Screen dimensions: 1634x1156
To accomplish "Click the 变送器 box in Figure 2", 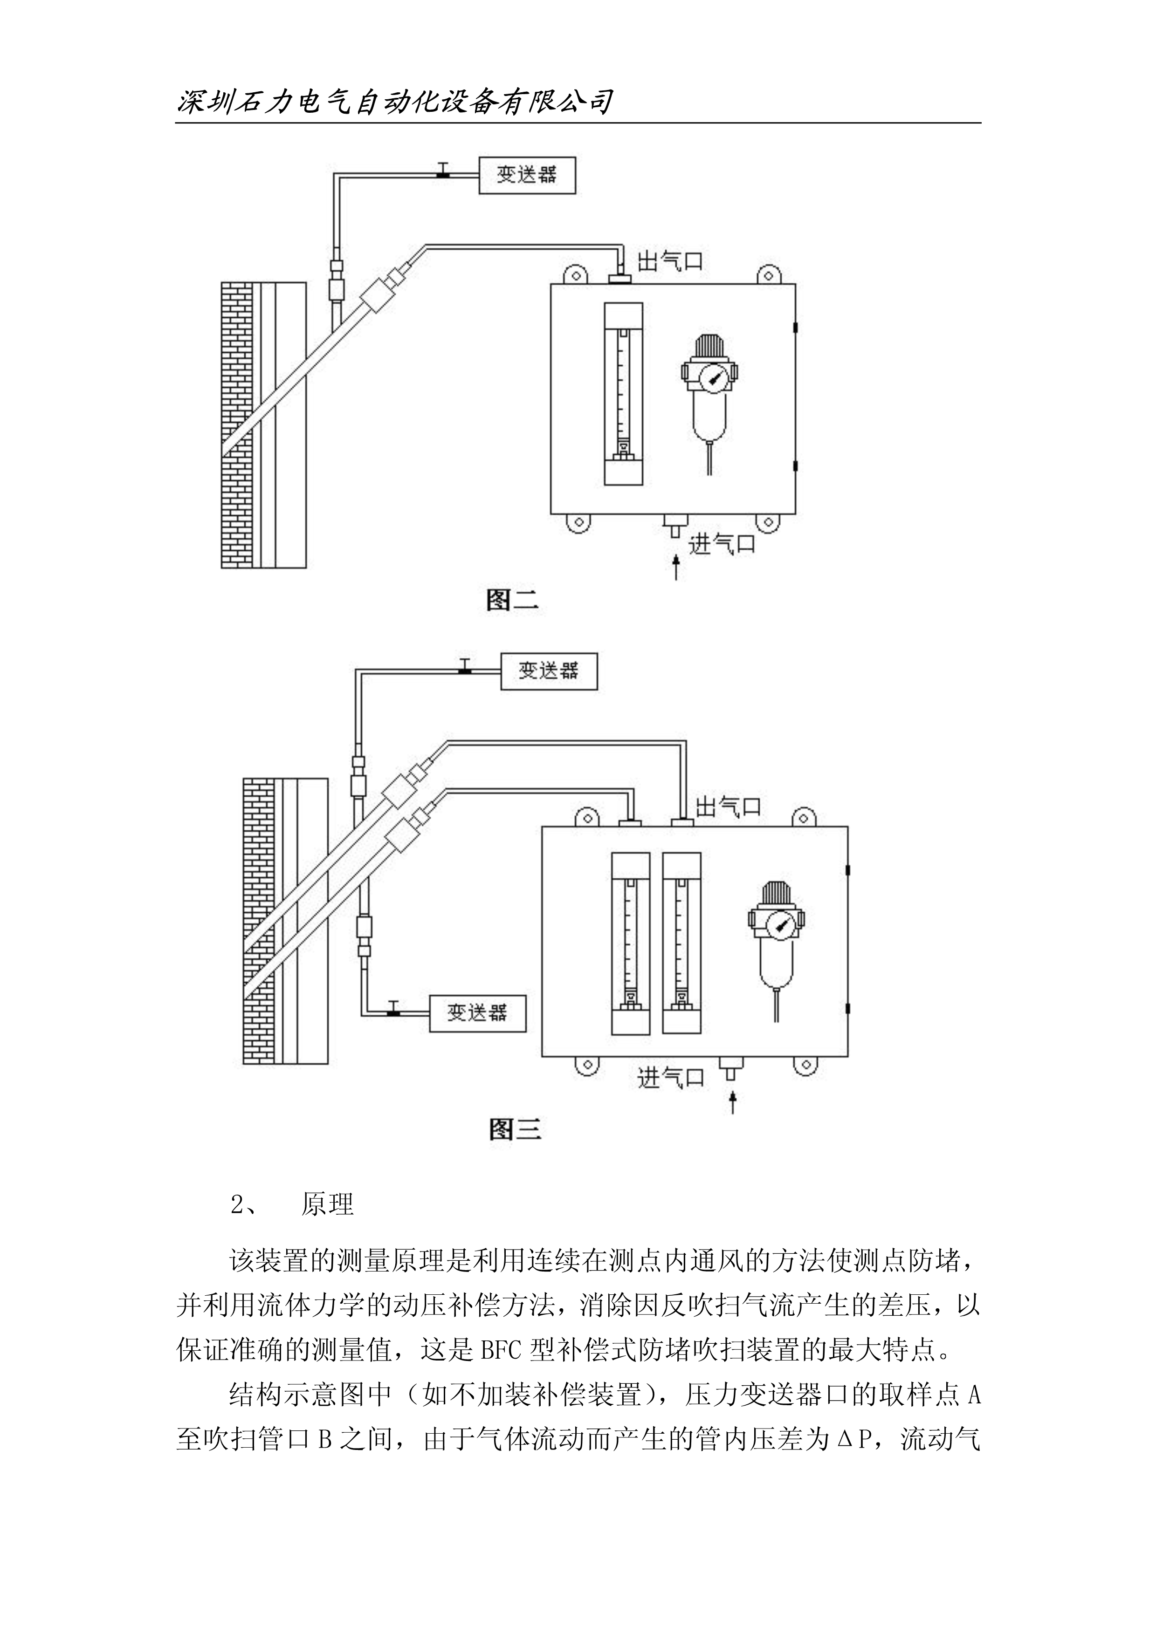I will click(526, 175).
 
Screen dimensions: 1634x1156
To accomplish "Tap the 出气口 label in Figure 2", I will click(670, 261).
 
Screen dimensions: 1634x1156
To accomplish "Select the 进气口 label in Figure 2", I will click(722, 545).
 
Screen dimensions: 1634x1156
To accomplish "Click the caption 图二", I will click(512, 601).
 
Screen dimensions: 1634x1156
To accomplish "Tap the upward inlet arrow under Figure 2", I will click(675, 568).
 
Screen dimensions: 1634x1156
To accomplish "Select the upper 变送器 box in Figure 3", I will click(549, 671).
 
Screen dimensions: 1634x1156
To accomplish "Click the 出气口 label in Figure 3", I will click(728, 807).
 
